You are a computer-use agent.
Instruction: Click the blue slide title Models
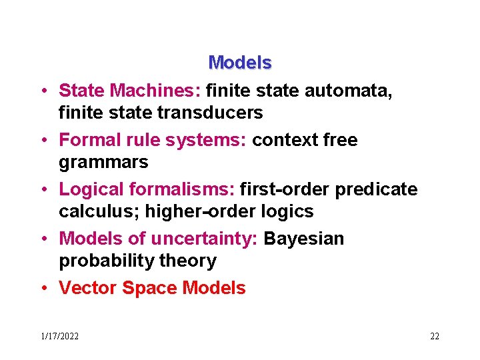click(x=240, y=63)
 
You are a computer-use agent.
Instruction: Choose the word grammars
click(x=103, y=163)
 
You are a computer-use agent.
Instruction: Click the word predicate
click(x=376, y=189)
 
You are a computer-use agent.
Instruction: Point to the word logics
click(x=289, y=212)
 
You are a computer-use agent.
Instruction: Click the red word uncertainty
click(x=204, y=239)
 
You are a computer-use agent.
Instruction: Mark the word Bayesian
click(x=304, y=239)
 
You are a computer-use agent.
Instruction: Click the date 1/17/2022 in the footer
click(x=59, y=337)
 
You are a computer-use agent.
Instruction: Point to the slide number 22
click(x=435, y=337)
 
